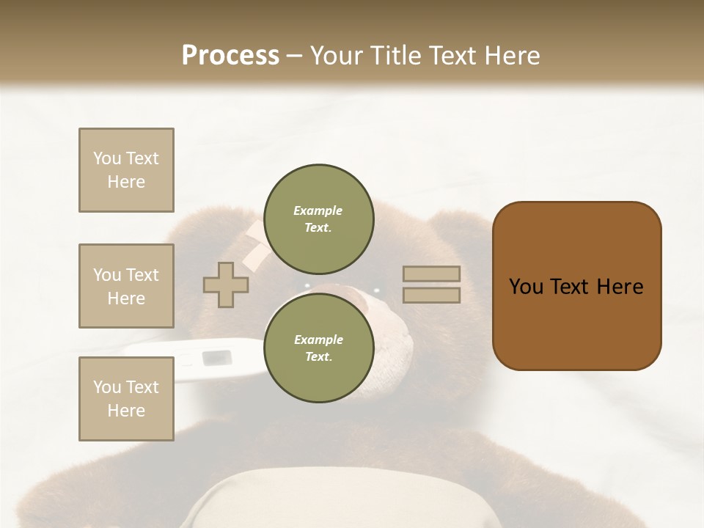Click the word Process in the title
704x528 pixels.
tap(230, 55)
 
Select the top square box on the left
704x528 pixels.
tap(126, 170)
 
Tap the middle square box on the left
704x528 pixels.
tap(126, 286)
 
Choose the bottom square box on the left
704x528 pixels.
tap(126, 399)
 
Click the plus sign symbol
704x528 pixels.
tap(226, 285)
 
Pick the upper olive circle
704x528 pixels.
tap(318, 219)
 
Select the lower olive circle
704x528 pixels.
tap(318, 348)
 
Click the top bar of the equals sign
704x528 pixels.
tap(431, 274)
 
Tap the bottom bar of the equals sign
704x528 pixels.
tap(431, 296)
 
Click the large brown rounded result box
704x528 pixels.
tap(576, 286)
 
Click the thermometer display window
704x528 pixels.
tap(217, 358)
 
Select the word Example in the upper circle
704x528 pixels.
tap(318, 210)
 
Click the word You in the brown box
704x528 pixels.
tap(527, 287)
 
